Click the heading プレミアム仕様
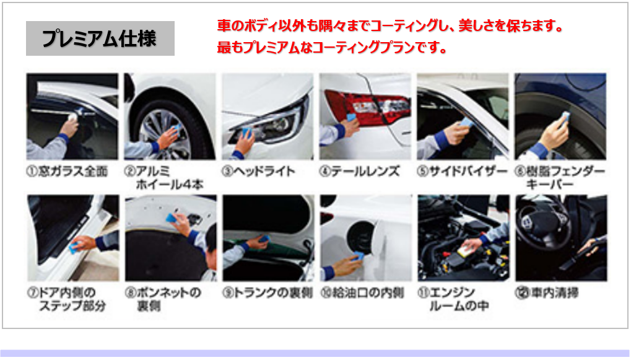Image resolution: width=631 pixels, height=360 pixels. (x=100, y=38)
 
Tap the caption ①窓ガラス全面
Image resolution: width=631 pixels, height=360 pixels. (x=67, y=172)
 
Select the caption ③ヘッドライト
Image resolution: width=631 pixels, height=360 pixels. (x=258, y=172)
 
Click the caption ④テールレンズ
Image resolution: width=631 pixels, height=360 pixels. (x=359, y=172)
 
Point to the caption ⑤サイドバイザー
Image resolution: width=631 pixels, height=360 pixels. (x=462, y=172)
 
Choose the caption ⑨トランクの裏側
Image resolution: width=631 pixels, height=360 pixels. (x=268, y=292)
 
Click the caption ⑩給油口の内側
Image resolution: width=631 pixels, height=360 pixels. (x=362, y=292)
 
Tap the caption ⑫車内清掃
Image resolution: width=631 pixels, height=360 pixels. (x=547, y=292)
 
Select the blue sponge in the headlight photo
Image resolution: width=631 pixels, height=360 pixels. (x=245, y=132)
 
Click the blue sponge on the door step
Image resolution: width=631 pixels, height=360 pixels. (x=74, y=247)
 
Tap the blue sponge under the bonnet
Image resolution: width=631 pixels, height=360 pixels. (x=172, y=218)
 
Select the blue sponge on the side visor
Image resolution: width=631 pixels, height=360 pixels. (x=466, y=121)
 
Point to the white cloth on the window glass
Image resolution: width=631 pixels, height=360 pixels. (x=72, y=117)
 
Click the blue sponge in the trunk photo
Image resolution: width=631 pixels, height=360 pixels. (x=264, y=239)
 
